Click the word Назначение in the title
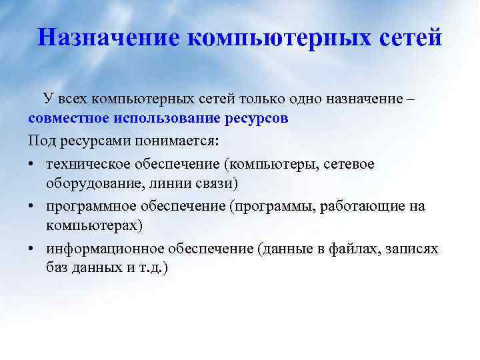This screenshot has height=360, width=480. point(109,37)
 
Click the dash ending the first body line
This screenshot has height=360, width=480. point(410,99)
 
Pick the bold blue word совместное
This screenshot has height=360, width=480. point(71,120)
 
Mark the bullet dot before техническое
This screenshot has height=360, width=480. point(33,164)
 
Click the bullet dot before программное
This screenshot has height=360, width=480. point(33,207)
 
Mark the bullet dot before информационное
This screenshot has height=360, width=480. point(33,249)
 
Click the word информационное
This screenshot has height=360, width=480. point(101,249)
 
